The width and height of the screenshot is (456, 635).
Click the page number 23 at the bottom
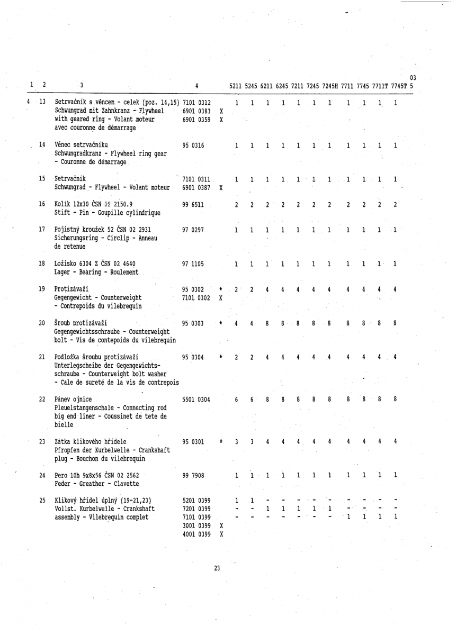(217, 568)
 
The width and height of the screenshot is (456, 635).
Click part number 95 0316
(193, 144)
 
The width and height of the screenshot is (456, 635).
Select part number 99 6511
(193, 204)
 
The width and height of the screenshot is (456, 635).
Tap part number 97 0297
(193, 230)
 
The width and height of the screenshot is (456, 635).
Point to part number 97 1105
(193, 264)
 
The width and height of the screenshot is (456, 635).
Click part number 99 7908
(193, 475)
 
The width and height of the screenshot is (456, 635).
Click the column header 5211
(236, 86)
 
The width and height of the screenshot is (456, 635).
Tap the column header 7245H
(332, 86)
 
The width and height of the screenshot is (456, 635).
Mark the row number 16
(42, 204)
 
